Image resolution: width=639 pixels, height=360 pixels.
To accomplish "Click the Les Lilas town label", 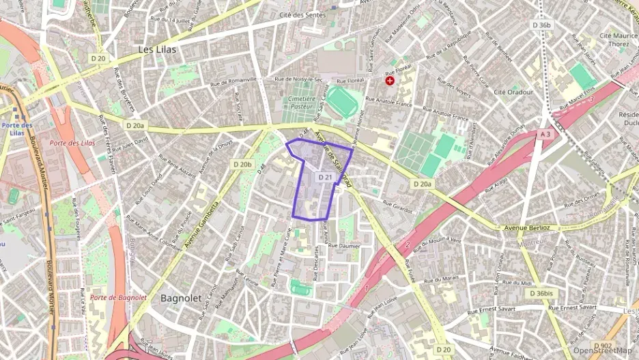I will tap(157, 50).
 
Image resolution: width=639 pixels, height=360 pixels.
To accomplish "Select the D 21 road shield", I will tap(326, 178).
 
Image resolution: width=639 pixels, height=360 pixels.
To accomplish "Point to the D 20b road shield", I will tap(242, 164).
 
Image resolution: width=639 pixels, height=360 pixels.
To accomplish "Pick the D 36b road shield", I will tap(541, 25).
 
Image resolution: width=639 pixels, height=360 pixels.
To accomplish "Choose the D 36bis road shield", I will tap(543, 293).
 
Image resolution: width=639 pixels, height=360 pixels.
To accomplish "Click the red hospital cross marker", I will tap(390, 81).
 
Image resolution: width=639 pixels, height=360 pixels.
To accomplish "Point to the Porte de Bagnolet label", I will tap(118, 297).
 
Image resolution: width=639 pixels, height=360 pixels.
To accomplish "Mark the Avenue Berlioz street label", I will tap(528, 227).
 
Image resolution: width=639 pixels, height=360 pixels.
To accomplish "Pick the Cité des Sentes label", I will tap(300, 14).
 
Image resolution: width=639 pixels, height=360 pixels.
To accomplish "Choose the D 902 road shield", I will tap(602, 345).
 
